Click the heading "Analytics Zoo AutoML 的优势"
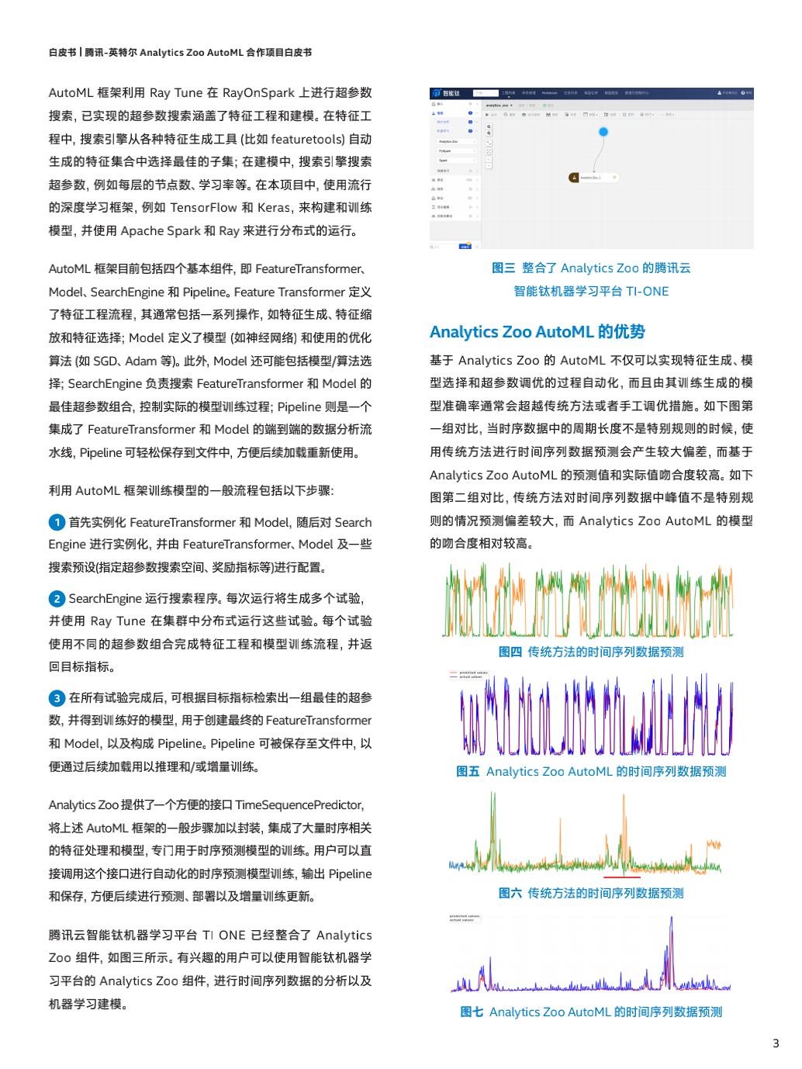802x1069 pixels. [x=537, y=332]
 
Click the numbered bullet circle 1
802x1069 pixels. [x=57, y=522]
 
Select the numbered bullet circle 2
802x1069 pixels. [x=57, y=599]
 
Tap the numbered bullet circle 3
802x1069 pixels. [x=57, y=698]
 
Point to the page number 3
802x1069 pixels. [x=776, y=1043]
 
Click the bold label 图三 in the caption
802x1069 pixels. [x=503, y=268]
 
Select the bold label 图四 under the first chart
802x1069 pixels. [x=510, y=652]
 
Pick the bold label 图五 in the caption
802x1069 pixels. [x=468, y=772]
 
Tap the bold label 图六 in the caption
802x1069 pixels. [x=510, y=894]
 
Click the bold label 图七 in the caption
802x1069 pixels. [x=472, y=1012]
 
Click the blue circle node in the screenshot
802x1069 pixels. [x=603, y=132]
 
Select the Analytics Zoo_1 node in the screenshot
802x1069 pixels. [x=593, y=178]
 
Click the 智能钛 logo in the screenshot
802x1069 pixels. [x=447, y=93]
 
